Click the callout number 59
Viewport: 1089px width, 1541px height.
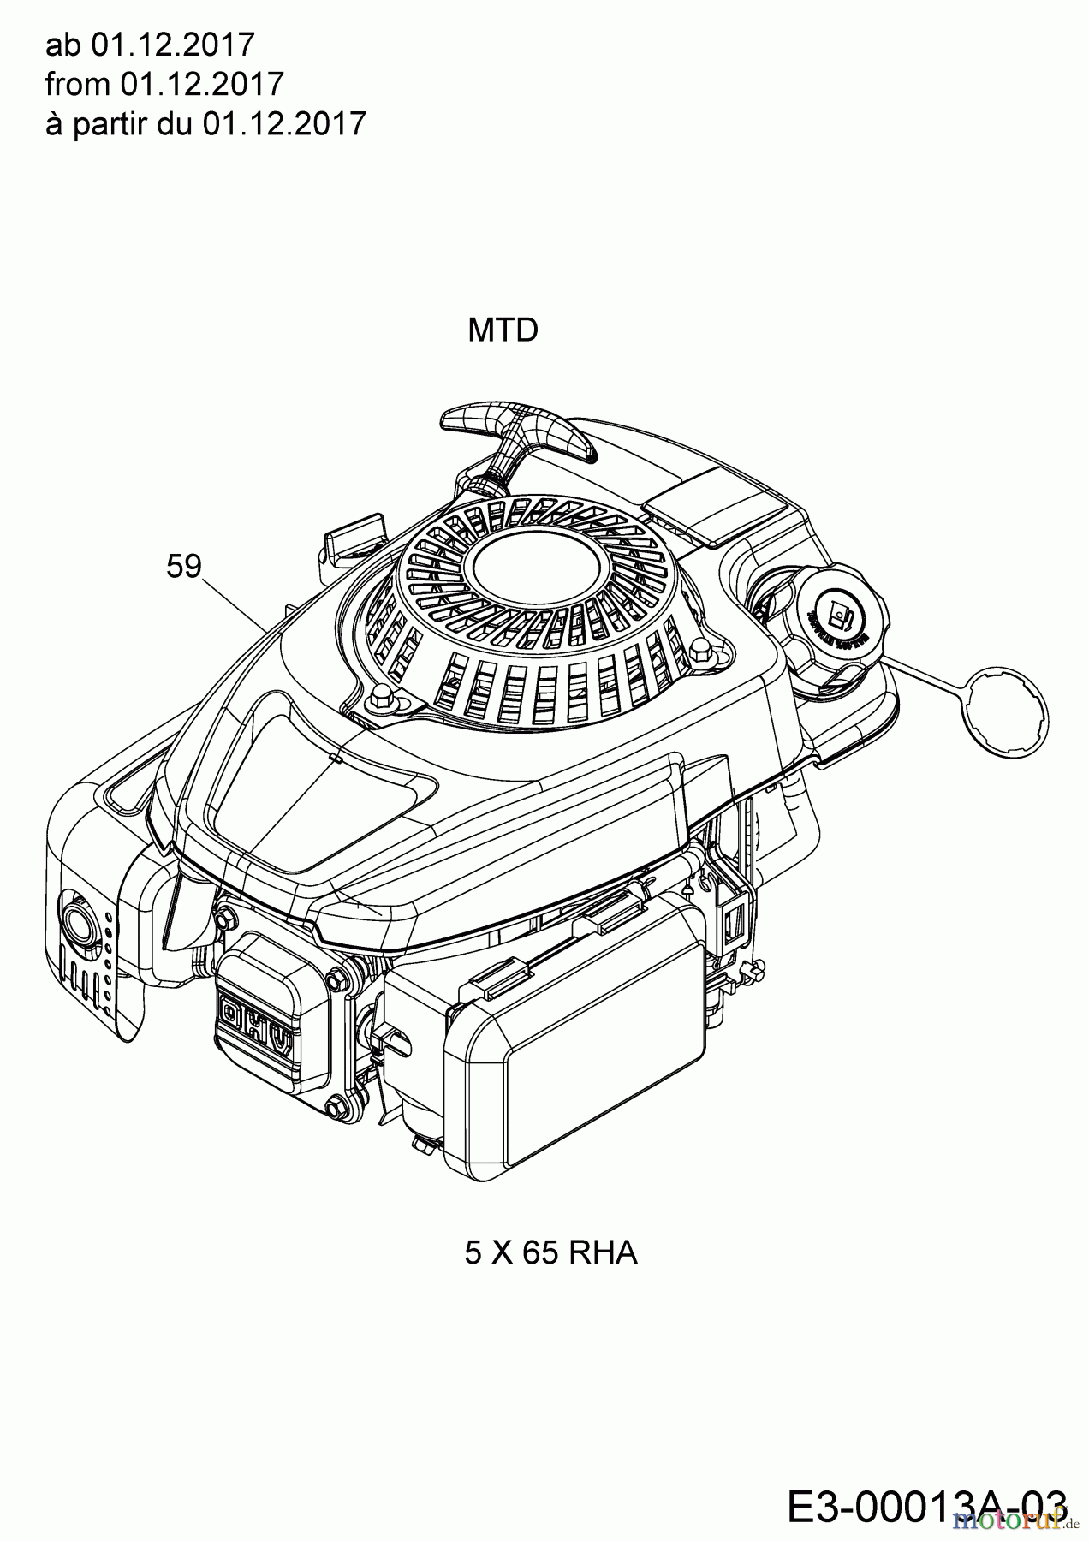(x=183, y=566)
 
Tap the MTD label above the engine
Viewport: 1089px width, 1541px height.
(x=503, y=330)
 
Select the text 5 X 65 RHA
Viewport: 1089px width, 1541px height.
(x=550, y=1252)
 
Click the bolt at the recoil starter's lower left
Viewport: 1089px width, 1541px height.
(x=378, y=704)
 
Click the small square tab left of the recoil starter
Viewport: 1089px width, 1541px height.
(x=353, y=535)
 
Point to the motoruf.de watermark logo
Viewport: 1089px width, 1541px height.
(x=1014, y=1519)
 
